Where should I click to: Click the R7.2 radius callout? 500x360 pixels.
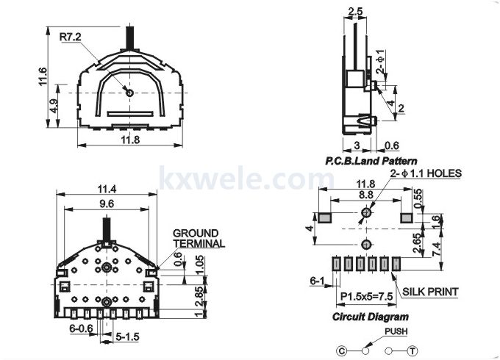70,37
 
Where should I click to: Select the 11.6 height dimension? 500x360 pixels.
43,76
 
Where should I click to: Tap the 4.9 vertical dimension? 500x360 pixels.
54,106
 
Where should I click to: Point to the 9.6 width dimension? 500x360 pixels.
106,204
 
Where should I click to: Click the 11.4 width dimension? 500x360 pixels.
107,190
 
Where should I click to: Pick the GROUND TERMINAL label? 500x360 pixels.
199,238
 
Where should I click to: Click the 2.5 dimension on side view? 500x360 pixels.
356,12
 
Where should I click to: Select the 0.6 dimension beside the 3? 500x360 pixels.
392,145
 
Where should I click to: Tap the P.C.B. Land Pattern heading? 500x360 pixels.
371,161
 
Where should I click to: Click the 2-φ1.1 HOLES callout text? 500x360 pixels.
426,173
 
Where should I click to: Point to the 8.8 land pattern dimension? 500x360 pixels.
365,195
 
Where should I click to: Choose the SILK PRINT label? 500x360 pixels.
430,292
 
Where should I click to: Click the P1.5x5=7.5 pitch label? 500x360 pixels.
367,296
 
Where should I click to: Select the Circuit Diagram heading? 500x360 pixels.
370,317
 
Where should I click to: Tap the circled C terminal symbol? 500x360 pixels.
341,351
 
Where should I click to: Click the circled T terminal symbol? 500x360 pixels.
413,351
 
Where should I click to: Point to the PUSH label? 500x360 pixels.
396,331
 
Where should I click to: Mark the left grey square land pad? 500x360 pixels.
324,218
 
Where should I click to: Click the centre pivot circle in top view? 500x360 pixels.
129,93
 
